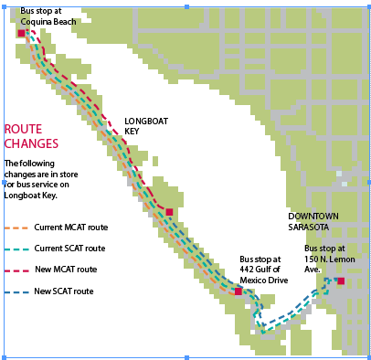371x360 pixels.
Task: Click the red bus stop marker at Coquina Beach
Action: click(21, 33)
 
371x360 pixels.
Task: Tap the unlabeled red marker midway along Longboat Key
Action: click(169, 212)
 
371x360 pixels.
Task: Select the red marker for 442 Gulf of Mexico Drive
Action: click(238, 291)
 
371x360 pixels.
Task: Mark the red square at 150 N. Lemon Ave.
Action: click(340, 281)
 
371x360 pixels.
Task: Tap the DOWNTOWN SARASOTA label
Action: click(313, 220)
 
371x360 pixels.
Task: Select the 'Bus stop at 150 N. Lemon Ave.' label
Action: click(324, 259)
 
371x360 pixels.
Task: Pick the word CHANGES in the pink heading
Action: click(31, 143)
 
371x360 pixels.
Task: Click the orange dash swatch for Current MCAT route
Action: click(16, 227)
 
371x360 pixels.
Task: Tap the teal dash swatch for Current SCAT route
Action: click(16, 249)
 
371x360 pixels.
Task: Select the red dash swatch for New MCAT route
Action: click(16, 270)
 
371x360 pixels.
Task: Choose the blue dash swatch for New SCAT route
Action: click(16, 291)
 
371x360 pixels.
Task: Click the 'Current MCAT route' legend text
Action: click(71, 227)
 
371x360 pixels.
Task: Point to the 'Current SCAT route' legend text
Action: click(69, 249)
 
